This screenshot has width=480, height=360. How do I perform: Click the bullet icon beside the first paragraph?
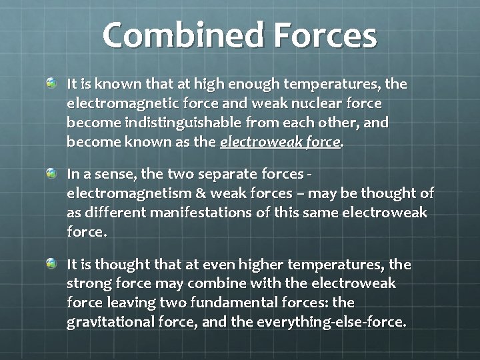tap(52, 83)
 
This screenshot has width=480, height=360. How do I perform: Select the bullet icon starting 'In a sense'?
tap(52, 173)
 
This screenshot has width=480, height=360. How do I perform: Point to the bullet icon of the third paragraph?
tap(52, 264)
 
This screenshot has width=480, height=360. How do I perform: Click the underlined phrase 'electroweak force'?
tap(280, 142)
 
